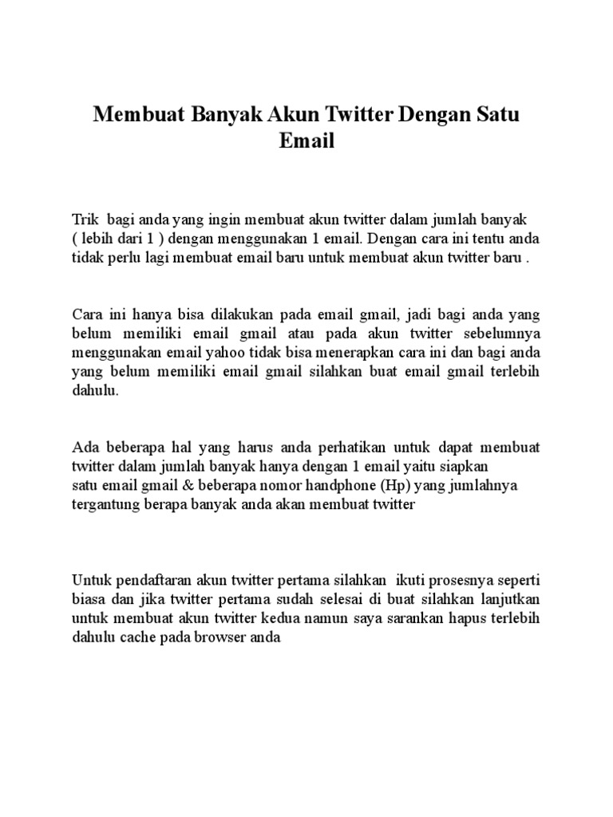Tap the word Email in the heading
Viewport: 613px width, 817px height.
tap(306, 142)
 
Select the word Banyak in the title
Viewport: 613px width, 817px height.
tap(227, 115)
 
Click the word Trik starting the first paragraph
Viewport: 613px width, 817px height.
tap(85, 219)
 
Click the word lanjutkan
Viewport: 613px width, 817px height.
tap(507, 598)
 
